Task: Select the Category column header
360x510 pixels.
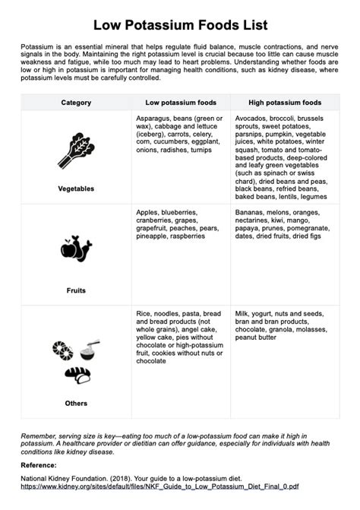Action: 76,102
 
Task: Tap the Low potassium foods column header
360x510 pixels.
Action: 180,102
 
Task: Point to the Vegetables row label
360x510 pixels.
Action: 76,188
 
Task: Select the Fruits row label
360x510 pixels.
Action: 76,290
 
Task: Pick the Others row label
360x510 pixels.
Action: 76,403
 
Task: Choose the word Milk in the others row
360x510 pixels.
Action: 242,313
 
